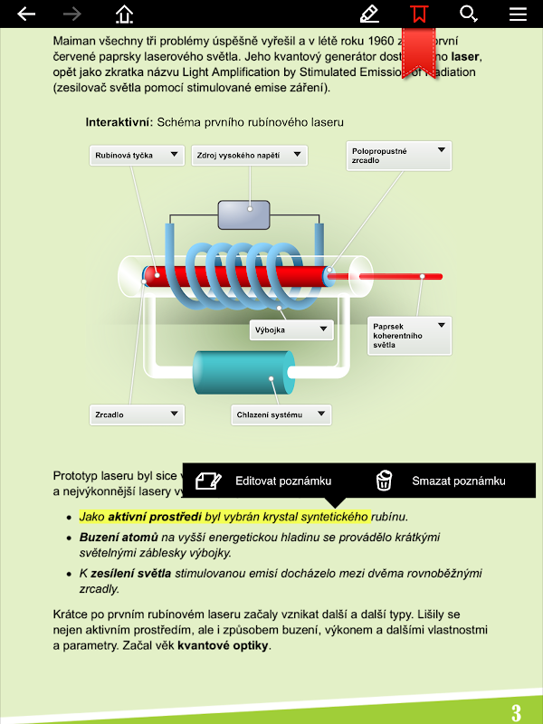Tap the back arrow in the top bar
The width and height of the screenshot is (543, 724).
click(26, 14)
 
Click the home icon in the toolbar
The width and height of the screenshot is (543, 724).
click(124, 14)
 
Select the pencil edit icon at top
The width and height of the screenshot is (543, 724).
click(368, 14)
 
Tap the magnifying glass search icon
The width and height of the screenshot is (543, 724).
click(468, 14)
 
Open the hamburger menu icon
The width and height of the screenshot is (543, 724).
click(518, 14)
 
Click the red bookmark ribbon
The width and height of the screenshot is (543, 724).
click(418, 45)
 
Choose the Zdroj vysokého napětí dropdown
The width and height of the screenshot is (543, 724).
click(249, 156)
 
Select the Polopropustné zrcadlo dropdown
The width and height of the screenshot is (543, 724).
click(398, 156)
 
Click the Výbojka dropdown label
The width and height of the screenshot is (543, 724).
click(291, 330)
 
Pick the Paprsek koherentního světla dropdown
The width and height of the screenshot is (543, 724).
click(409, 336)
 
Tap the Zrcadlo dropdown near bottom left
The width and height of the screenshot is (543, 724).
click(137, 414)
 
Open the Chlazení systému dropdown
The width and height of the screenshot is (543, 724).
click(281, 415)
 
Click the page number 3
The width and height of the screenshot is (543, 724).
click(516, 712)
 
